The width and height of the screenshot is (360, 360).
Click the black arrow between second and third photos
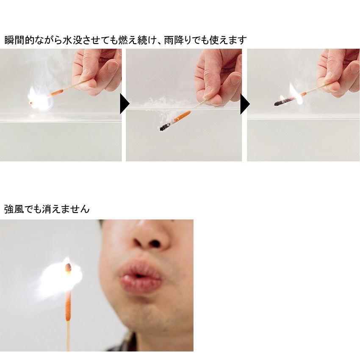tap(245, 104)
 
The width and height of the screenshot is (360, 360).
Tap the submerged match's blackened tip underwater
tap(164, 127)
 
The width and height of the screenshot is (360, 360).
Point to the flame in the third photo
tap(294, 94)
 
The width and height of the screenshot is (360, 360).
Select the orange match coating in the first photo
tap(55, 93)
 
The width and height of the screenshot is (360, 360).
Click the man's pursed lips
tap(141, 277)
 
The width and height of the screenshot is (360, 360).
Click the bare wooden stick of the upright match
tap(68, 336)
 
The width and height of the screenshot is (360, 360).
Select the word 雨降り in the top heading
tap(178, 40)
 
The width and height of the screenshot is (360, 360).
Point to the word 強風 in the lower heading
tap(14, 209)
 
